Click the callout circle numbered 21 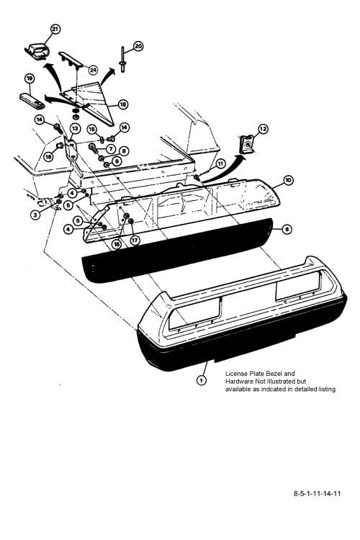(55, 30)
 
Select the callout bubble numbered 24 (93, 71)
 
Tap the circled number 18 (123, 104)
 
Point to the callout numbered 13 (75, 128)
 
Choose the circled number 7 (110, 149)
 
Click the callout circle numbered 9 (117, 161)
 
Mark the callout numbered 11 (220, 164)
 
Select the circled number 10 (288, 180)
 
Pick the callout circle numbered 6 (287, 230)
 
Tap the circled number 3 (35, 215)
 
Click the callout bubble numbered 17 (135, 240)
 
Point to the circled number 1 (201, 380)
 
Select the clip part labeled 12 (247, 145)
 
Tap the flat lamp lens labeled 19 (32, 101)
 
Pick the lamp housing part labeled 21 (37, 51)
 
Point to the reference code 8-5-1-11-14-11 (317, 493)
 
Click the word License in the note (236, 374)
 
